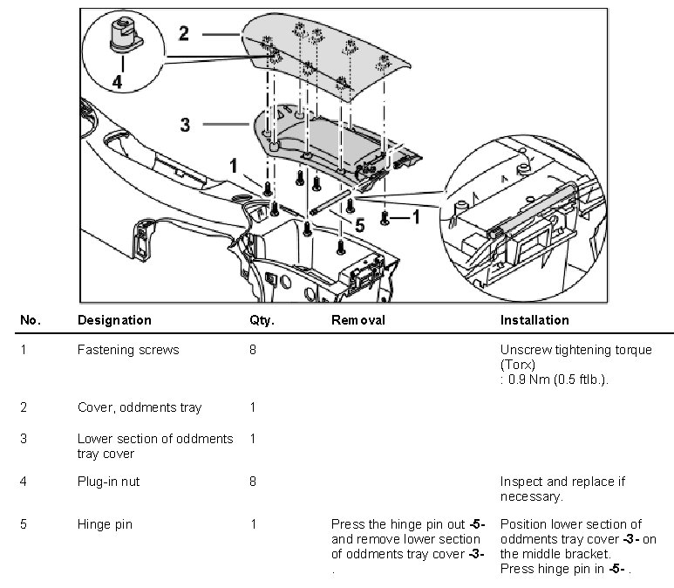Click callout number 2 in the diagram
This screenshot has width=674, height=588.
tap(184, 33)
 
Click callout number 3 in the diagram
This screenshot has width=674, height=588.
tap(185, 125)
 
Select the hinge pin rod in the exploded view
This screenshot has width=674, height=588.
tap(332, 202)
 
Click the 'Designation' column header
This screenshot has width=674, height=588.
tap(114, 320)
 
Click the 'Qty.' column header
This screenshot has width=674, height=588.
tap(262, 320)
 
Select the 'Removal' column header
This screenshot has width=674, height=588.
tap(357, 320)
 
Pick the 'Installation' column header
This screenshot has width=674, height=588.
tap(534, 320)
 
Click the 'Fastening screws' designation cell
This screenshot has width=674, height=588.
tap(128, 350)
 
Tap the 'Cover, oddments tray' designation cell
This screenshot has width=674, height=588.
tap(140, 407)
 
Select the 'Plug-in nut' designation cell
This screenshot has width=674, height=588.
tap(108, 482)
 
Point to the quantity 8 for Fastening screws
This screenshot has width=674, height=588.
tap(253, 350)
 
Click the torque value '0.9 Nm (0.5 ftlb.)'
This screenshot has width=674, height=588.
tap(558, 379)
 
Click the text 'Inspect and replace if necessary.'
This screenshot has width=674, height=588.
tap(562, 489)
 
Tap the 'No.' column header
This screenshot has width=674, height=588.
tap(30, 320)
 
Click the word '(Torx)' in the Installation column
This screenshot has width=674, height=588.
tap(518, 364)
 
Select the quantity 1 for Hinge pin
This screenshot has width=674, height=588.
tap(253, 524)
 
